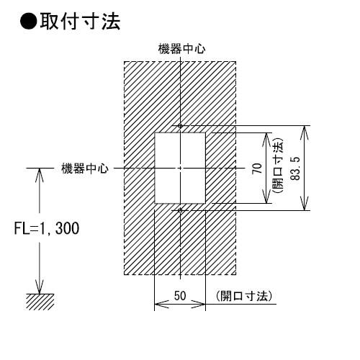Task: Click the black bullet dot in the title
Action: pyautogui.click(x=29, y=22)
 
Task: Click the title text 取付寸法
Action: pyautogui.click(x=80, y=22)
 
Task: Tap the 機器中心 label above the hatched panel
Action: pyautogui.click(x=181, y=49)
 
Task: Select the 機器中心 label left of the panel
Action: pyautogui.click(x=85, y=168)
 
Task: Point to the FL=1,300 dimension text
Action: pyautogui.click(x=47, y=228)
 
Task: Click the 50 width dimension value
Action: pyautogui.click(x=180, y=296)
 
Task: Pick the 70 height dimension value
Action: pyautogui.click(x=257, y=168)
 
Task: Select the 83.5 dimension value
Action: pyautogui.click(x=295, y=168)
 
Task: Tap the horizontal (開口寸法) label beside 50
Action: pyautogui.click(x=244, y=296)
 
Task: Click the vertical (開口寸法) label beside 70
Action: pyautogui.click(x=278, y=166)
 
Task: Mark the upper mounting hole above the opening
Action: pyautogui.click(x=181, y=125)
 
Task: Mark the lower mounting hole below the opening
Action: pyautogui.click(x=181, y=210)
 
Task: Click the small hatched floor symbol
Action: pyautogui.click(x=40, y=302)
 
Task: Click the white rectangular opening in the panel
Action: pyautogui.click(x=180, y=168)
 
